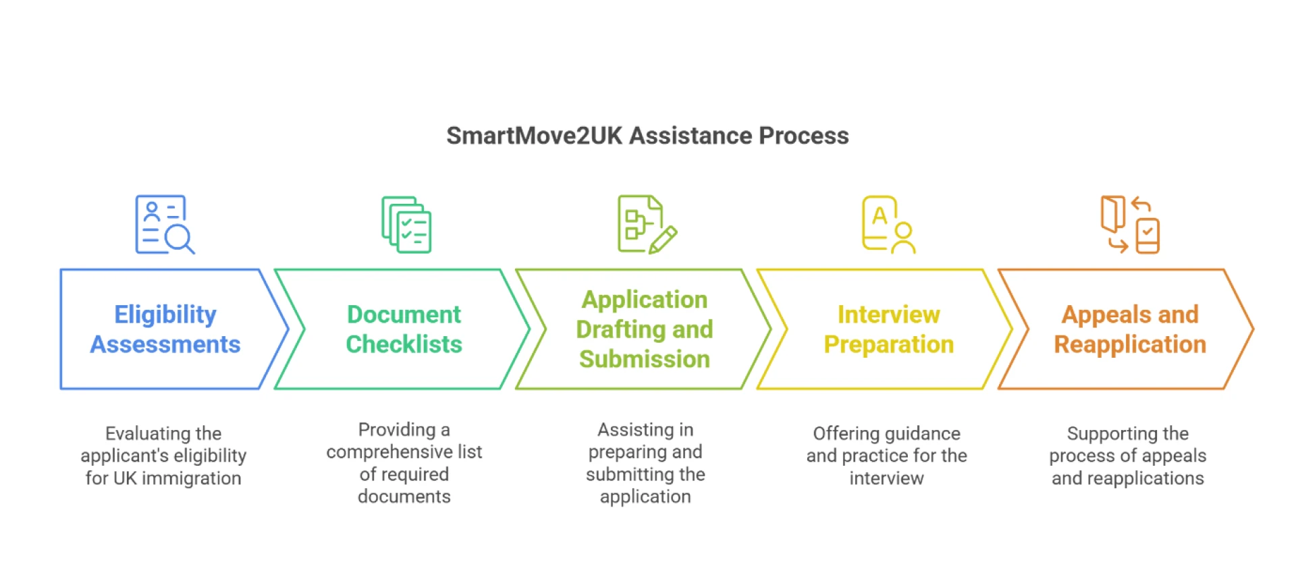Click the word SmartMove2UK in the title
pyautogui.click(x=534, y=136)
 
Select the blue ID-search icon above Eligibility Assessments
pyautogui.click(x=165, y=225)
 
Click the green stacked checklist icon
pyautogui.click(x=406, y=225)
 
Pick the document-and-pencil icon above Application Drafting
pyautogui.click(x=647, y=225)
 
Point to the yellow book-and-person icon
pyautogui.click(x=888, y=225)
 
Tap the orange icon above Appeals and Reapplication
pyautogui.click(x=1130, y=225)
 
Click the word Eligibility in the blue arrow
pyautogui.click(x=165, y=315)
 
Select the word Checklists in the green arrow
pyautogui.click(x=404, y=344)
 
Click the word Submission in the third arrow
pyautogui.click(x=644, y=359)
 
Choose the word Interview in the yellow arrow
pyautogui.click(x=888, y=315)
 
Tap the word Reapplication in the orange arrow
pyautogui.click(x=1130, y=344)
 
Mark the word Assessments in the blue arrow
pyautogui.click(x=165, y=344)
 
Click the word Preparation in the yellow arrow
pyautogui.click(x=888, y=344)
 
